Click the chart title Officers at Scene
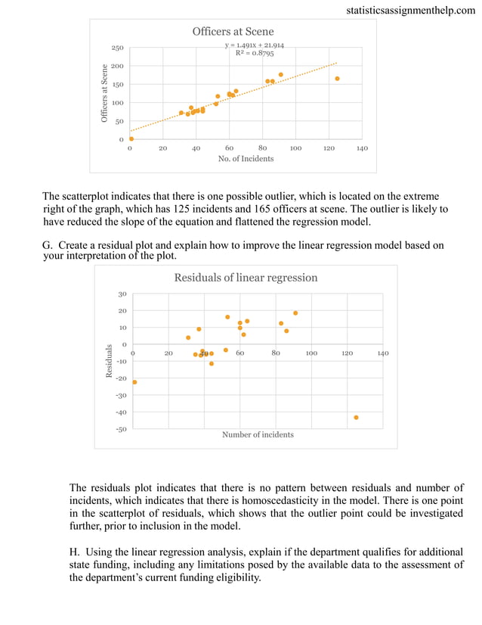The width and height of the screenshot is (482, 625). [232, 31]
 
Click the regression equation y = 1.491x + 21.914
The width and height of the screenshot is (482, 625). [254, 45]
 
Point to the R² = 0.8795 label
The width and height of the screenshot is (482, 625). [255, 54]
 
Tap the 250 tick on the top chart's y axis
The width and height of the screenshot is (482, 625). [118, 48]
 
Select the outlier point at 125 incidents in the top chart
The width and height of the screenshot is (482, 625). [337, 79]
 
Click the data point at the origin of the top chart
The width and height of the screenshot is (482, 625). [131, 138]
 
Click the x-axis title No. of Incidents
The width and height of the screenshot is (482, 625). [246, 159]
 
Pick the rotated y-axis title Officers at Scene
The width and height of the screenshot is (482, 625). [105, 93]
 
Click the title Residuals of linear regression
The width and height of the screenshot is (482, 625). [246, 278]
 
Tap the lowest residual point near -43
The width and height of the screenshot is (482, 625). [356, 417]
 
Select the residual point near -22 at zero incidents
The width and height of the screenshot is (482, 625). [134, 382]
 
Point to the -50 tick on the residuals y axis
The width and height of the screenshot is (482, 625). [121, 429]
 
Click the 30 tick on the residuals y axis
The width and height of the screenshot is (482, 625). [122, 294]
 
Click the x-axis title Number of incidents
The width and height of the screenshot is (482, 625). [258, 434]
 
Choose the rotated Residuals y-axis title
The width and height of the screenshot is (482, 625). [110, 361]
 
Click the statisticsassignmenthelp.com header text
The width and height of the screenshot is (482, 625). [412, 11]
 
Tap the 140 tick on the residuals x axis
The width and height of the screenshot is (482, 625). [382, 353]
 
